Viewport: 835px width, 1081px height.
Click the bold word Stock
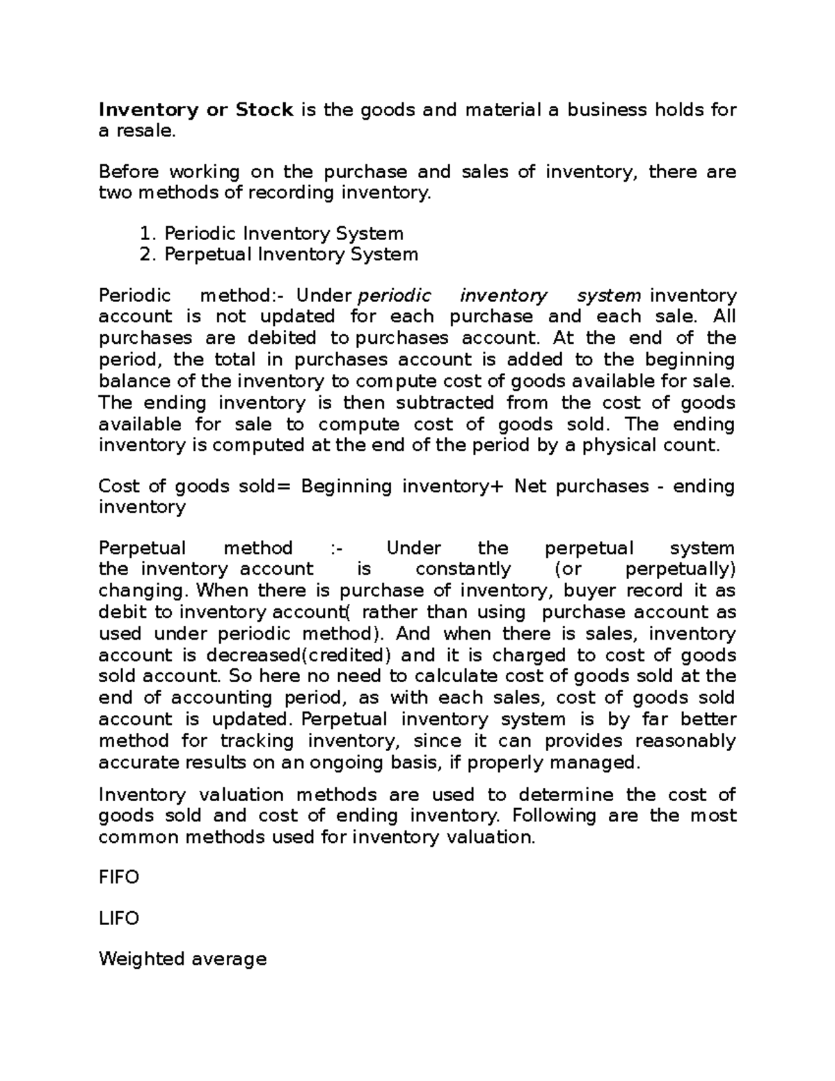point(264,110)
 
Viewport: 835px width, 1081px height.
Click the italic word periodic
point(395,297)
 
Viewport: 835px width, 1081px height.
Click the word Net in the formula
point(529,486)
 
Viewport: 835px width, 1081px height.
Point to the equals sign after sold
point(281,486)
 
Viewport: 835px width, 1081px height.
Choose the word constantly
point(463,569)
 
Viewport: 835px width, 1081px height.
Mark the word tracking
point(257,741)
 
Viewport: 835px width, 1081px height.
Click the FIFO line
point(119,878)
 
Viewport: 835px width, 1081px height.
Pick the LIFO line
point(119,919)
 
